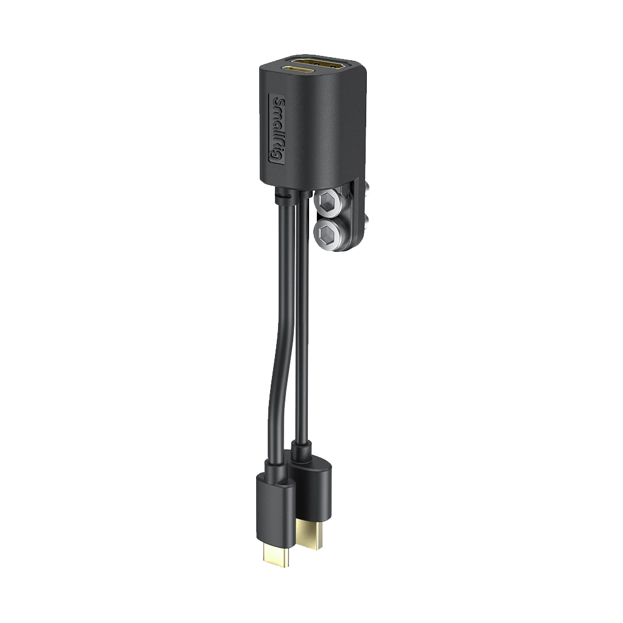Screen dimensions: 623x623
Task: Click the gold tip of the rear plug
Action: (311, 539)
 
